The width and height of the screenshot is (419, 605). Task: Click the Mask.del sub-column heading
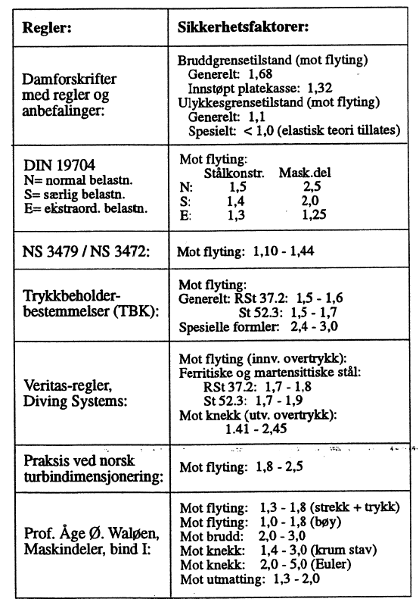tap(306, 171)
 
